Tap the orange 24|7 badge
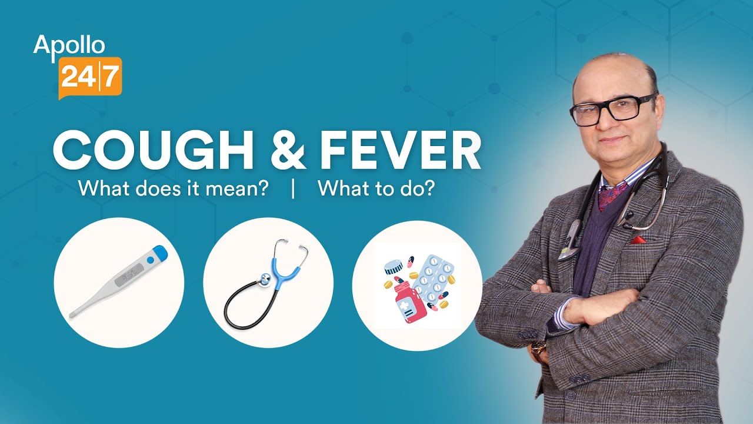(x=90, y=76)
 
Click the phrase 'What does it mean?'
(x=174, y=189)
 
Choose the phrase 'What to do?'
(x=376, y=189)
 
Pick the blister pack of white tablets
(x=434, y=277)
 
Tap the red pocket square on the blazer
(x=638, y=240)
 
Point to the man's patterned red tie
(x=605, y=192)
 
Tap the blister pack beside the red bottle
(x=434, y=277)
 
